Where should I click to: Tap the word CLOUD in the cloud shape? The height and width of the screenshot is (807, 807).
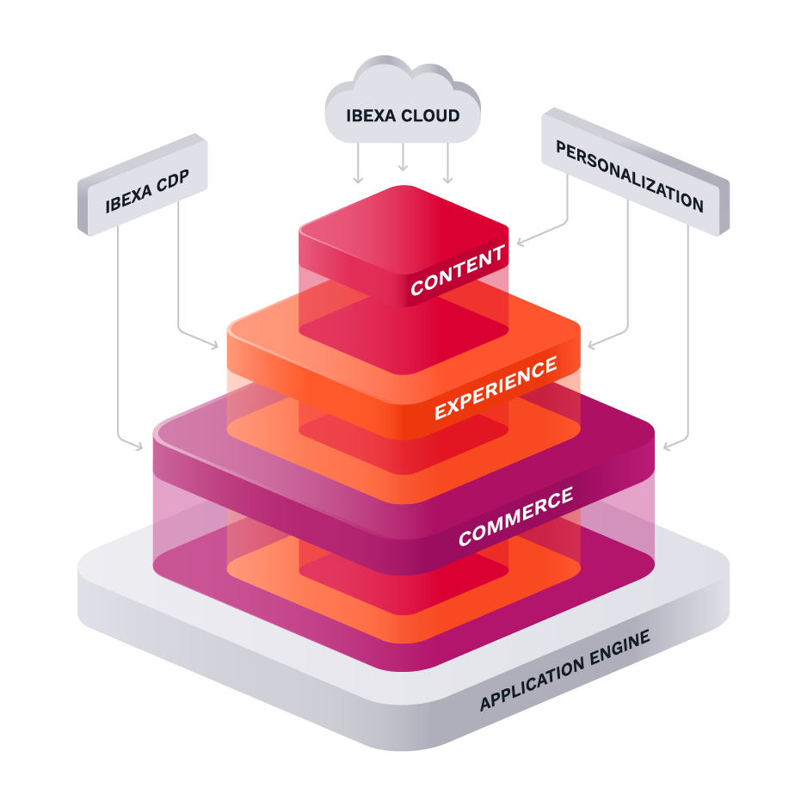pyautogui.click(x=432, y=115)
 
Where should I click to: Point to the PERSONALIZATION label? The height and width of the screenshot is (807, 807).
pyautogui.click(x=629, y=176)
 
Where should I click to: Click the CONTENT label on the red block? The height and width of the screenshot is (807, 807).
pyautogui.click(x=457, y=270)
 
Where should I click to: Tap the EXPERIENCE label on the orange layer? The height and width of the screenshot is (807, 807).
pyautogui.click(x=496, y=389)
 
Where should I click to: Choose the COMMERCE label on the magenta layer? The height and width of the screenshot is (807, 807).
pyautogui.click(x=515, y=516)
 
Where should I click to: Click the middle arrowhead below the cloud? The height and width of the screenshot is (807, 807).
pyautogui.click(x=403, y=167)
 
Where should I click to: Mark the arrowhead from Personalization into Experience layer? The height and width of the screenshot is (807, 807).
pyautogui.click(x=591, y=346)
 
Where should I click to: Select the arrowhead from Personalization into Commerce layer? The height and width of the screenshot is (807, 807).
pyautogui.click(x=668, y=447)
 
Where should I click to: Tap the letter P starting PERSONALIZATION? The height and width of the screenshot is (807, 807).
pyautogui.click(x=561, y=149)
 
